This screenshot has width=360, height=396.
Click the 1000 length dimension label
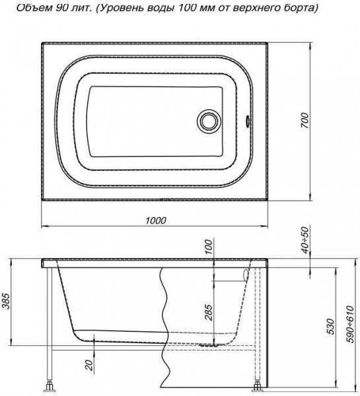[x=156, y=220]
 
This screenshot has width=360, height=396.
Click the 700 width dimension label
[x=305, y=121]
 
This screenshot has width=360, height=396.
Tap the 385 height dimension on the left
[x=7, y=302]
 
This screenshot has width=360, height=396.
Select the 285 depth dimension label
[x=209, y=312]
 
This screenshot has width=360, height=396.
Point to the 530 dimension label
[x=330, y=326]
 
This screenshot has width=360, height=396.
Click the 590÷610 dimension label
[x=351, y=324]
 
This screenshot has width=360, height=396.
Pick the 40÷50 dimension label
[x=305, y=240]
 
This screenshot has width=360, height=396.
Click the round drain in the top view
[x=209, y=121]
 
